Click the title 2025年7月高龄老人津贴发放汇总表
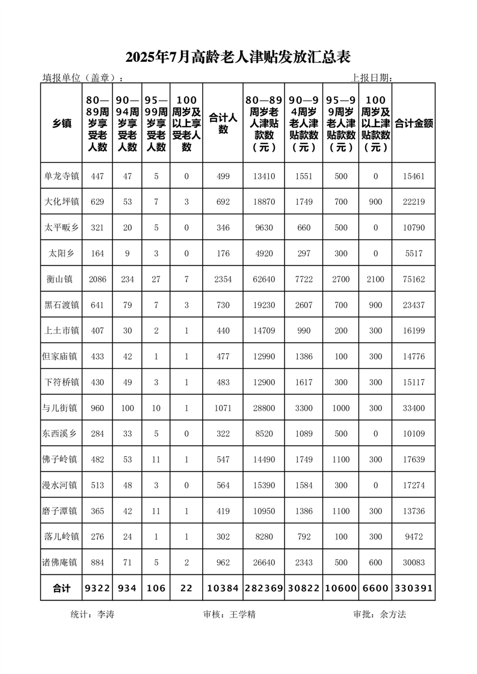tap(238, 57)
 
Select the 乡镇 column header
tap(61, 123)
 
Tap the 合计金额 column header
tap(414, 123)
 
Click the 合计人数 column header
tap(223, 123)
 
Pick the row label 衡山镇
tap(61, 279)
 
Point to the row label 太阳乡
tap(61, 254)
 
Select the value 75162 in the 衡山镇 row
tap(414, 279)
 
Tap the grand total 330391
tap(414, 588)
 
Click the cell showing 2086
tap(97, 279)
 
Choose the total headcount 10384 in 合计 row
tap(223, 588)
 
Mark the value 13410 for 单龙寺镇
tap(264, 177)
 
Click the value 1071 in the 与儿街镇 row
tap(223, 408)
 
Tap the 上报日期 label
tap(372, 77)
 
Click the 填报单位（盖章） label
tap(83, 77)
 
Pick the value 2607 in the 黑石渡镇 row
tap(304, 305)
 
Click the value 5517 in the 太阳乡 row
tap(414, 254)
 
